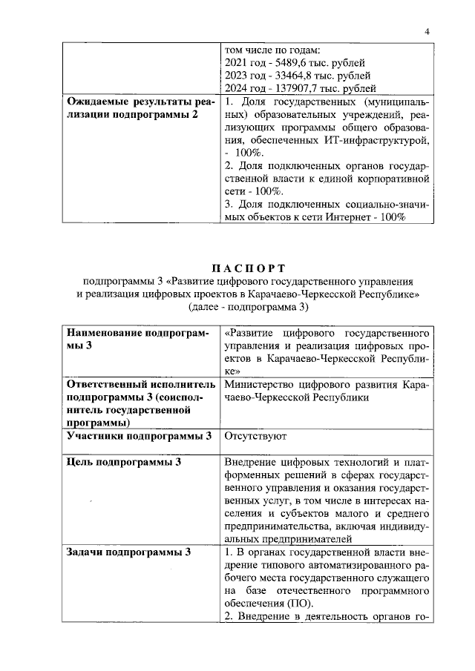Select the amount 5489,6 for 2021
tap(283, 63)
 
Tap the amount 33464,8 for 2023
tap(286, 76)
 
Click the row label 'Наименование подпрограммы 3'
tap(139, 338)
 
